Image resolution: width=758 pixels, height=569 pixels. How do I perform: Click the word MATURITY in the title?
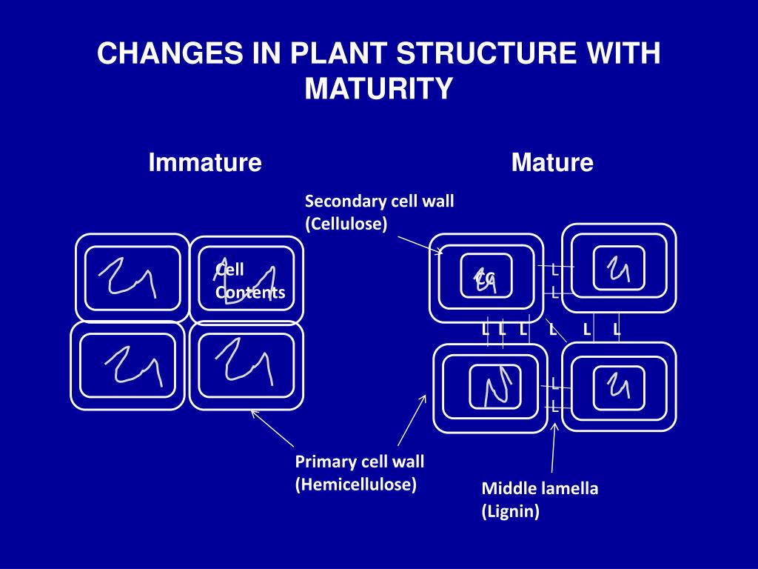pyautogui.click(x=378, y=89)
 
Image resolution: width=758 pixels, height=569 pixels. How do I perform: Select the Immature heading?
pyautogui.click(x=205, y=162)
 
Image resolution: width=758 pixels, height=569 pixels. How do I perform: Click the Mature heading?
pyautogui.click(x=552, y=162)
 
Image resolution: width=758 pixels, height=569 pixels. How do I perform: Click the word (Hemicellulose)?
pyautogui.click(x=356, y=485)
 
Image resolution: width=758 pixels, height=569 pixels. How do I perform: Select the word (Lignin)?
pyautogui.click(x=511, y=511)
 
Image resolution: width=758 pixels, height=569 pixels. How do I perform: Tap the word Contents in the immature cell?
pyautogui.click(x=250, y=293)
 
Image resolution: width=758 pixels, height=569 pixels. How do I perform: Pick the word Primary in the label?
pyautogui.click(x=326, y=462)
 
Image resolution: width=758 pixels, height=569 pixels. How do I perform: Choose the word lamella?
pyautogui.click(x=565, y=488)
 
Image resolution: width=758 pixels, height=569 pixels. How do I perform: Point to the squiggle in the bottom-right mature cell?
pyautogui.click(x=617, y=385)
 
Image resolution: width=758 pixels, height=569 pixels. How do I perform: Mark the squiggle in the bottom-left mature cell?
pyautogui.click(x=494, y=387)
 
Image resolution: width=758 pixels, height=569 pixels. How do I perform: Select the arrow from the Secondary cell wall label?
pyautogui.click(x=419, y=244)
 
